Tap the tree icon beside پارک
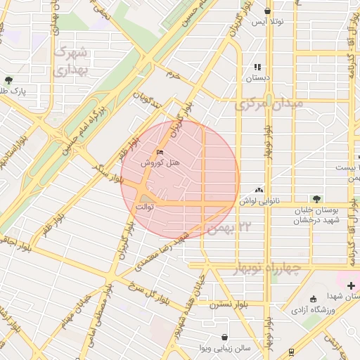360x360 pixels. coord(8,81)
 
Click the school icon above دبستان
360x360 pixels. coord(258,67)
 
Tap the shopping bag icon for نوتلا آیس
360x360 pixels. coord(268,11)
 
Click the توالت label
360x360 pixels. coord(144,207)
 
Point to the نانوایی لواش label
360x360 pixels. coord(278,200)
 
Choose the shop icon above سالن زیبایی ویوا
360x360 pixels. coord(224,337)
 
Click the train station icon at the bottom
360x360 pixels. coord(292,352)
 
